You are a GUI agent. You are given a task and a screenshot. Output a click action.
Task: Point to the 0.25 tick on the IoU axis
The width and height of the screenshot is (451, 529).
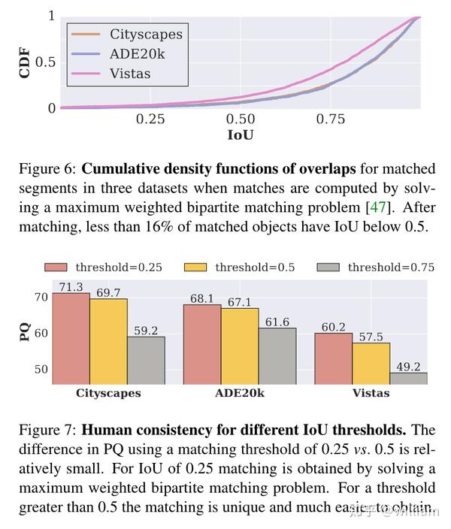(x=150, y=119)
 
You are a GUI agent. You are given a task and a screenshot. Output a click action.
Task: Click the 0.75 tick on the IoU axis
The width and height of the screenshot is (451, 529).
(x=331, y=119)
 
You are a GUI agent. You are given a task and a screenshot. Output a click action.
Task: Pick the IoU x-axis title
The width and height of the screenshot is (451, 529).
(x=241, y=136)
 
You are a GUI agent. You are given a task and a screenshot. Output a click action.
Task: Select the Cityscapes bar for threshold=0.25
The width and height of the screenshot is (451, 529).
(x=71, y=339)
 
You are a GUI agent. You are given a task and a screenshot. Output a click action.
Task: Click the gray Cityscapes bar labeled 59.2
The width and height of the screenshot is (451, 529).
(x=146, y=361)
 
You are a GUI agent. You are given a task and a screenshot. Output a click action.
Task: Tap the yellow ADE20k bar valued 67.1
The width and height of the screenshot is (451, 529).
(x=240, y=346)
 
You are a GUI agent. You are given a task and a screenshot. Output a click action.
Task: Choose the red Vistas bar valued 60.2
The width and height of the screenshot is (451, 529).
(x=333, y=358)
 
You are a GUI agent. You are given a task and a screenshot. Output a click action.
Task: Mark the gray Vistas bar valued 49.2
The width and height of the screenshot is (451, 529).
(x=408, y=379)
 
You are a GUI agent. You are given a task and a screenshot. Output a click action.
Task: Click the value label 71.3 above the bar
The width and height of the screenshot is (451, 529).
(x=71, y=286)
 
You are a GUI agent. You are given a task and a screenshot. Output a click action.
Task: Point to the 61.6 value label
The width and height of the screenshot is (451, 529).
(x=277, y=322)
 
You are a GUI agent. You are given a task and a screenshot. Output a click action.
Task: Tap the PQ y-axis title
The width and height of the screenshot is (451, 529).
(x=25, y=333)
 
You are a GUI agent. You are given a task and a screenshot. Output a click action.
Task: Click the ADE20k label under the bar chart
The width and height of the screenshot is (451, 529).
(x=240, y=393)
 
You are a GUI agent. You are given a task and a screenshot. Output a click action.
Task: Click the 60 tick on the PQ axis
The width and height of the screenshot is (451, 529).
(x=41, y=333)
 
